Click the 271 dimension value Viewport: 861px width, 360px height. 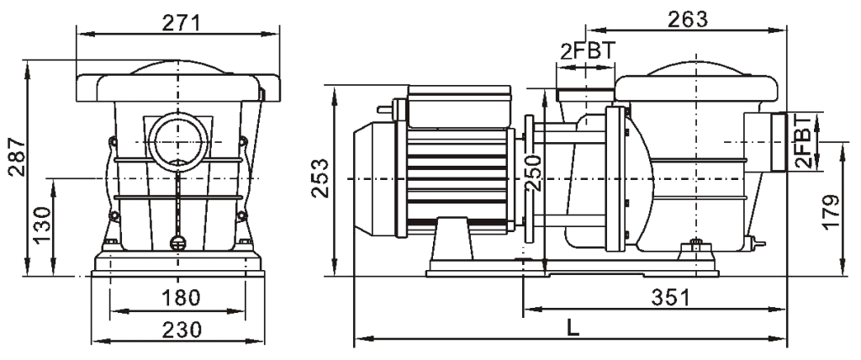point(178,22)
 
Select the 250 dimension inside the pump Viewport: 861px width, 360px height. point(532,172)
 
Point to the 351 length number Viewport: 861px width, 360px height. point(669,297)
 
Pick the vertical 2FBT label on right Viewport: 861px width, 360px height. point(805,140)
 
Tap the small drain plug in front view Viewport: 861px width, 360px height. point(177,243)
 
